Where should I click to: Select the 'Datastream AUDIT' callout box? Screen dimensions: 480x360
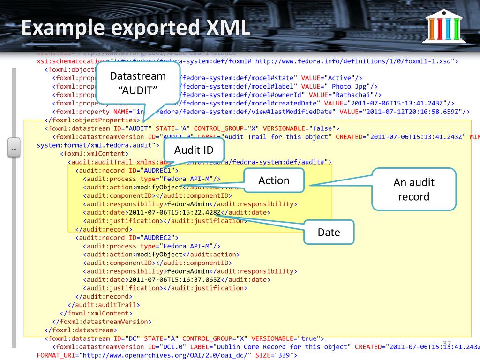[138, 82]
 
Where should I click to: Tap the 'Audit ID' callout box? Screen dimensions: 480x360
[194, 150]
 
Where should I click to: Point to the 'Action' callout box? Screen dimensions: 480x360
[274, 181]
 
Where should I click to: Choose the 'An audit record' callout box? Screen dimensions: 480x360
[414, 189]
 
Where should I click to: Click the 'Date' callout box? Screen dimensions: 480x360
[329, 232]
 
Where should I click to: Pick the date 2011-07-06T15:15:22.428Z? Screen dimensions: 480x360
[175, 212]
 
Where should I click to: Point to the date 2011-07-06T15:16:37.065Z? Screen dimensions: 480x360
[175, 280]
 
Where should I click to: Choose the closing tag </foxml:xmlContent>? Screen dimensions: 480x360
[96, 313]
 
